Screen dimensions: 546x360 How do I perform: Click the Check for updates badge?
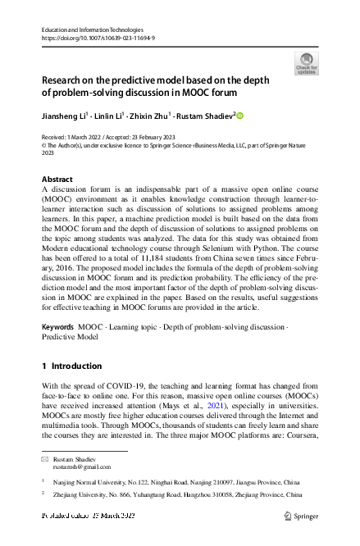click(x=307, y=63)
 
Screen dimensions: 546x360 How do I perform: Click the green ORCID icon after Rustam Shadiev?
click(x=241, y=116)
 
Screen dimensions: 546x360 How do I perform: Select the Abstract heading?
click(x=57, y=179)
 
